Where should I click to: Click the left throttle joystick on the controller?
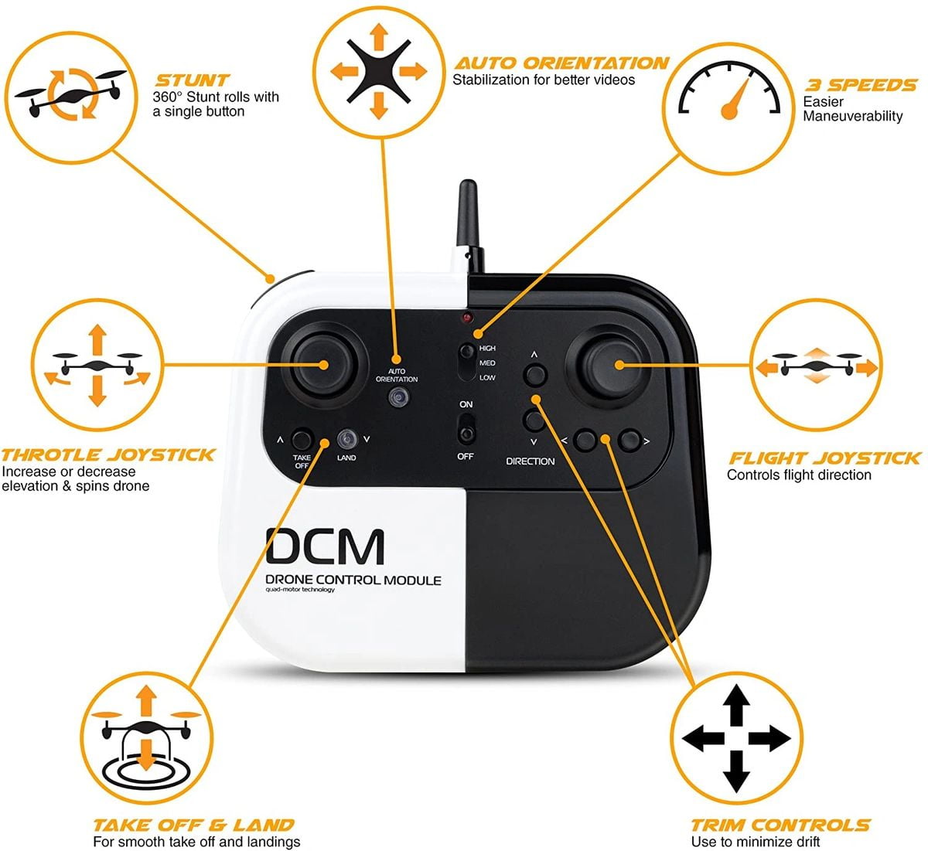(323, 365)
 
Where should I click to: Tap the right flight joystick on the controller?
(609, 366)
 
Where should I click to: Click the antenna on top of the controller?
(469, 226)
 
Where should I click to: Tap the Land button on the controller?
(347, 438)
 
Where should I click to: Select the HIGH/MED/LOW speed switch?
(466, 363)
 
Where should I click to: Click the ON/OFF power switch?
(466, 429)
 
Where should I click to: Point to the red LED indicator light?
(467, 318)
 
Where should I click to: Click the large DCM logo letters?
(325, 547)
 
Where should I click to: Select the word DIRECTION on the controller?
(531, 461)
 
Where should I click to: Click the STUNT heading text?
(192, 80)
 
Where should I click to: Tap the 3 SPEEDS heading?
(861, 85)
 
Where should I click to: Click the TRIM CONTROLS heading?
(781, 825)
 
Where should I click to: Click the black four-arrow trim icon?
(736, 738)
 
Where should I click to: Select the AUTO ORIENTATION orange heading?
(561, 63)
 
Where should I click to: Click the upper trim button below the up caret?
(535, 375)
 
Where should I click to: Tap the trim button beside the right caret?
(629, 441)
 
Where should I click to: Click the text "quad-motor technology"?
(300, 590)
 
